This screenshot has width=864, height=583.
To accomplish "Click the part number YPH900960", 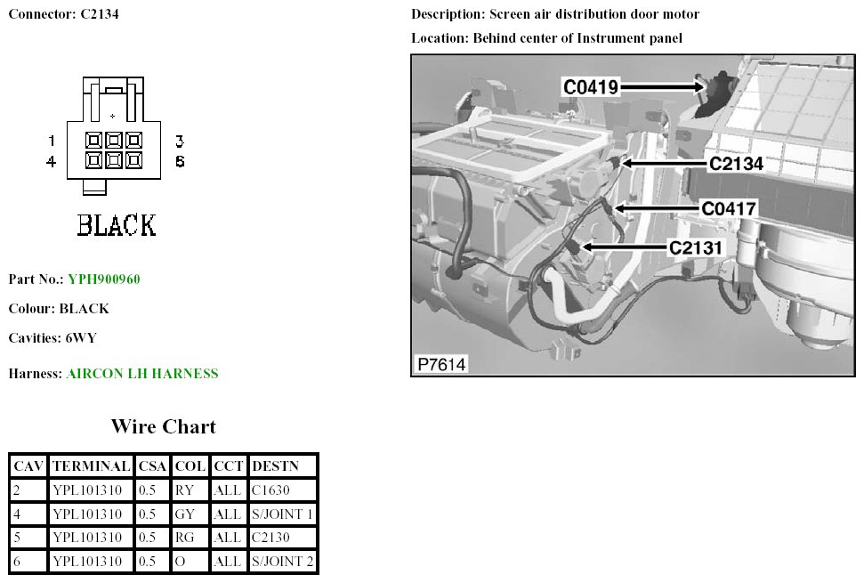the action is (103, 279).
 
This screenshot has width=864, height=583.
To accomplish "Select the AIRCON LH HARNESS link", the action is (141, 374).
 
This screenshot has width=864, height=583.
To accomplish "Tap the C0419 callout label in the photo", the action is (591, 86).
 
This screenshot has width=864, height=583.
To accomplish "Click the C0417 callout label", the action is (728, 209).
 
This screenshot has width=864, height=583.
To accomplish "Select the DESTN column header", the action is (275, 466).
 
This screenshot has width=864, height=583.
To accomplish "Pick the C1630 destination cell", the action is (271, 490).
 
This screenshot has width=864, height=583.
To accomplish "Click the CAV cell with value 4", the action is (17, 514).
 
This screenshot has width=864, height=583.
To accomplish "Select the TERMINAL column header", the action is (91, 466).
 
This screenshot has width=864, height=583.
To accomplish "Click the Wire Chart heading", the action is (163, 426).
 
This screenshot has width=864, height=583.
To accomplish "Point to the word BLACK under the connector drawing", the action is (117, 225).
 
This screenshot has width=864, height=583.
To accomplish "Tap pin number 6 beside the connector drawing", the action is (180, 162).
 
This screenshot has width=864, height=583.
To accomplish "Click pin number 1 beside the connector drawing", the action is (52, 141).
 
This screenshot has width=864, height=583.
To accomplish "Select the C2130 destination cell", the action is (271, 538).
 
